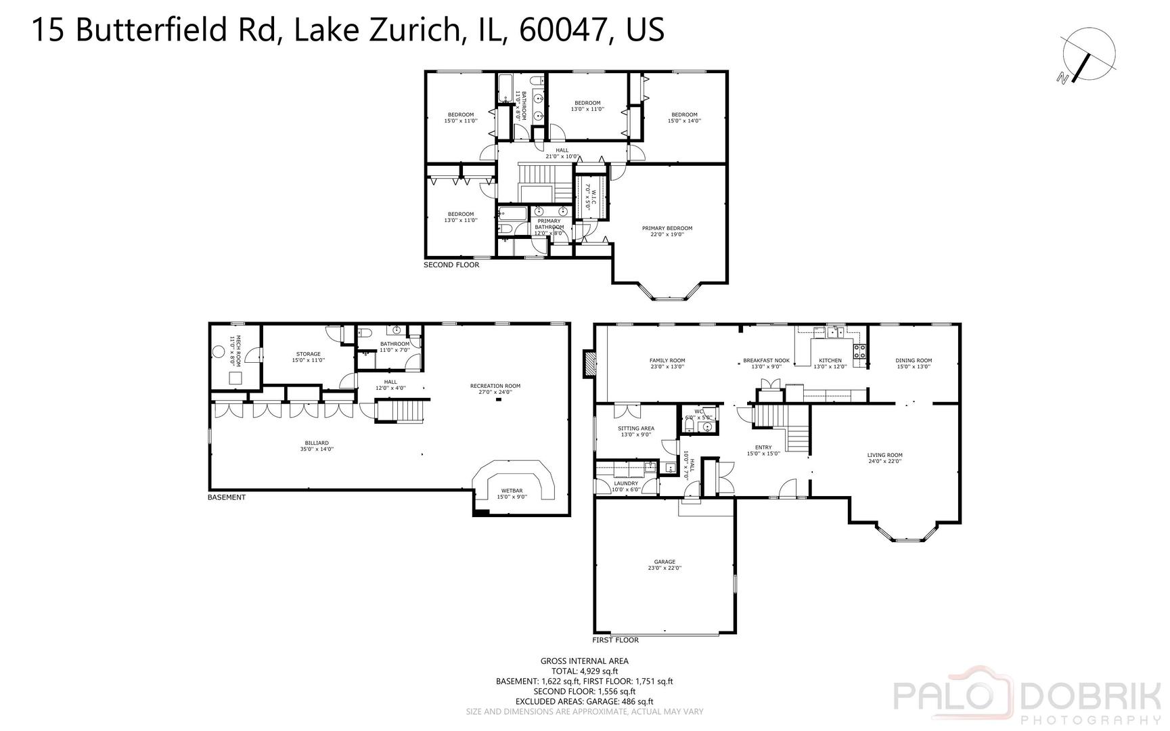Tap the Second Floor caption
[451, 265]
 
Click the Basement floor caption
[226, 497]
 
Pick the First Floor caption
[615, 640]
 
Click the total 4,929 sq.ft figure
[584, 671]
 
